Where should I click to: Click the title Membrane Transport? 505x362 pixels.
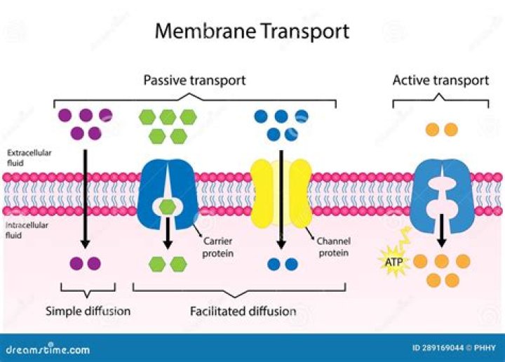[x=252, y=32]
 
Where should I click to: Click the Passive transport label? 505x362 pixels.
[x=194, y=80]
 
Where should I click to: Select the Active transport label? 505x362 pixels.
[x=440, y=80]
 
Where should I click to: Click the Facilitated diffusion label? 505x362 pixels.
[x=243, y=310]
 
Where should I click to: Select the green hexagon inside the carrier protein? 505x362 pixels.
[x=168, y=207]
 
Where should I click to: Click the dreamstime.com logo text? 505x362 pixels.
[x=48, y=349]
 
